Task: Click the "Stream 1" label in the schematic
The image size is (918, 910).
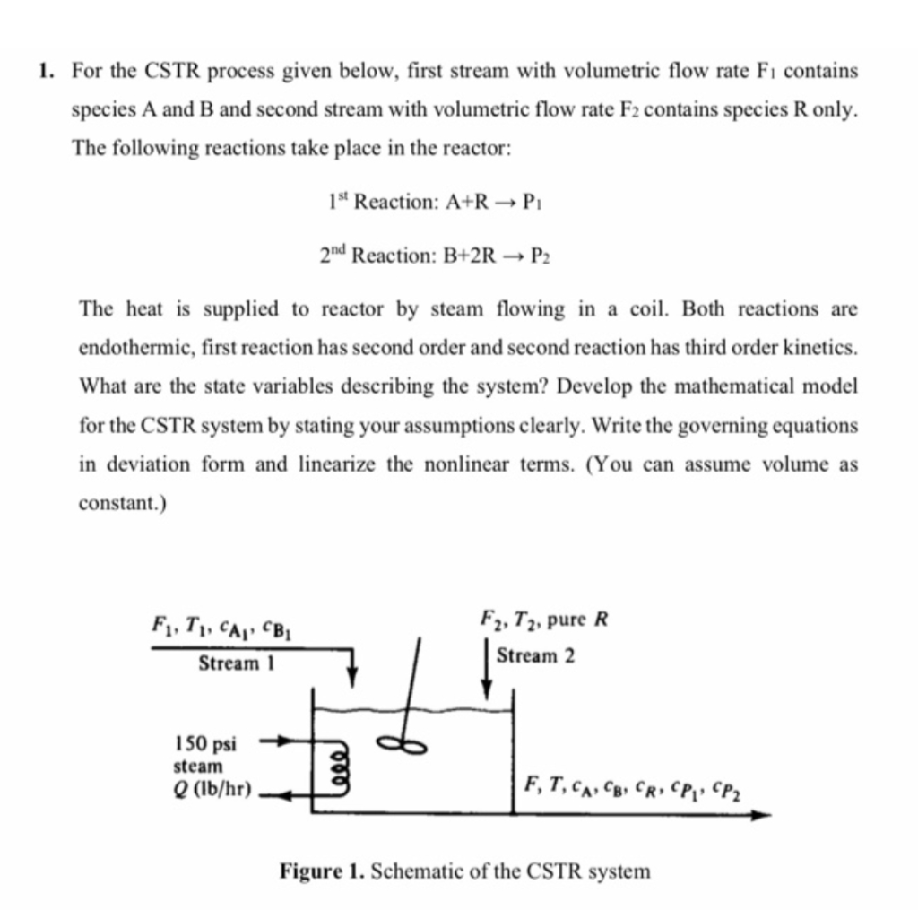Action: tap(237, 664)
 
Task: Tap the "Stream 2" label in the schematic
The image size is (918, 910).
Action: tap(536, 655)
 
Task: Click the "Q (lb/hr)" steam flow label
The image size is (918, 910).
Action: tap(212, 791)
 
